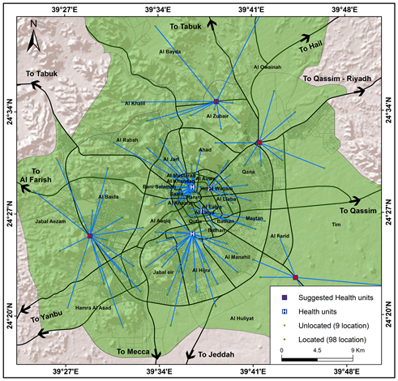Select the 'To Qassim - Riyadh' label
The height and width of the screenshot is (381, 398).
tap(336, 79)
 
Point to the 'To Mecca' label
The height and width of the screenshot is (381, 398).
tap(132, 352)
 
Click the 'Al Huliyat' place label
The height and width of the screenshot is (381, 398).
tap(242, 318)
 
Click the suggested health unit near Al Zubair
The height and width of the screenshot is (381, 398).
tap(217, 102)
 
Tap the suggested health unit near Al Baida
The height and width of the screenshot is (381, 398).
tap(90, 236)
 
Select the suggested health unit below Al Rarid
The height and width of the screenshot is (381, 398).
tap(295, 278)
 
